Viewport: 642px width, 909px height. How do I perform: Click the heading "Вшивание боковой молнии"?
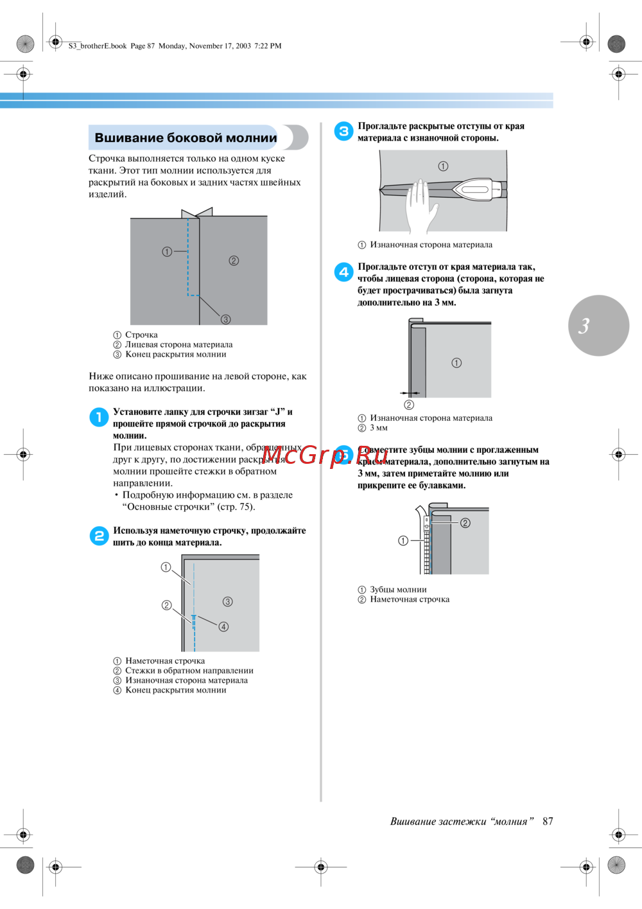pos(186,138)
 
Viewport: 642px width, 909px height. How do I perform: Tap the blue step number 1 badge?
pos(99,418)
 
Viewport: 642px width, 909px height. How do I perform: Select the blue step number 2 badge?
pos(99,536)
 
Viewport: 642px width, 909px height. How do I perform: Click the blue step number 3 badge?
pos(343,131)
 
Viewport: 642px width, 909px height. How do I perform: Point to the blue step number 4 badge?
pos(343,272)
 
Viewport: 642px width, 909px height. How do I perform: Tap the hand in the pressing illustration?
pos(421,204)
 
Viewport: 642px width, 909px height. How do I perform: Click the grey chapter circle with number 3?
pos(598,326)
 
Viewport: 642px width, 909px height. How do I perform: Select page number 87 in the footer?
pos(548,822)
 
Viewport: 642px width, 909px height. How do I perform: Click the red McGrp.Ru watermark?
pos(325,455)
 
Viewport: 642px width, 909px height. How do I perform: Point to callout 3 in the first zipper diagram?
pos(226,319)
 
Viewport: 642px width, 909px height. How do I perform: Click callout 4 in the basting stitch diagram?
pos(223,627)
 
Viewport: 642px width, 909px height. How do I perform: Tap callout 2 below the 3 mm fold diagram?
pos(409,405)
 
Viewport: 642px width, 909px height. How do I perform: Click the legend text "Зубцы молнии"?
pos(398,590)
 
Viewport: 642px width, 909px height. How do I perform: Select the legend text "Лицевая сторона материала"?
pos(178,345)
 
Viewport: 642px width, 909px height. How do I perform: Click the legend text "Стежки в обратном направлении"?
pos(189,671)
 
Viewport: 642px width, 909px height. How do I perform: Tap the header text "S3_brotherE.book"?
pos(98,46)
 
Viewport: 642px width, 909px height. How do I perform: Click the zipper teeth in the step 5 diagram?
pos(426,546)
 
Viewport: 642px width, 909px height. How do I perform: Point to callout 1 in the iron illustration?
pos(443,166)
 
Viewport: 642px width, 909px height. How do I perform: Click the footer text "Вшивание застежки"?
pos(438,822)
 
